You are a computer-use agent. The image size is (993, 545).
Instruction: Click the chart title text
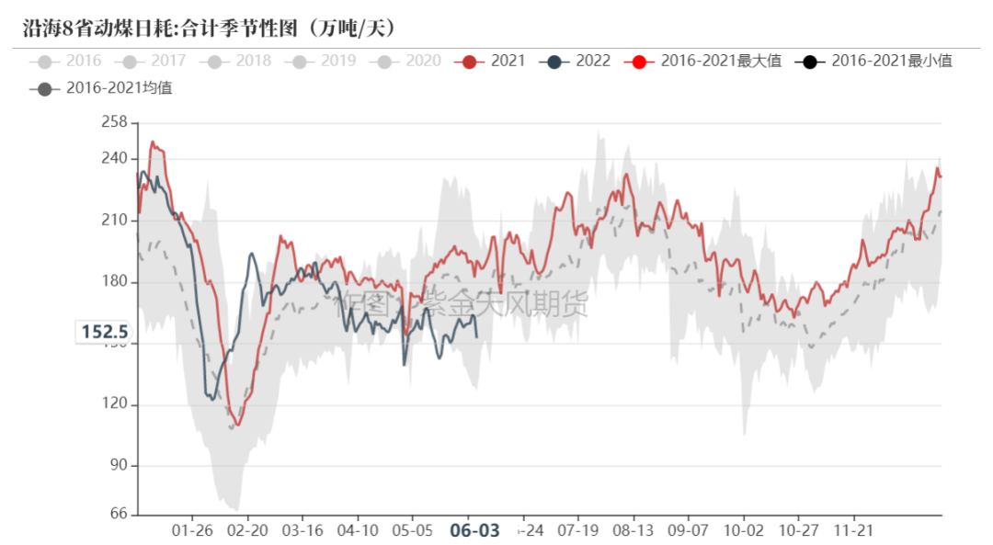tap(210, 28)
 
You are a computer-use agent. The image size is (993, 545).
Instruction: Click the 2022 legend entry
tap(580, 62)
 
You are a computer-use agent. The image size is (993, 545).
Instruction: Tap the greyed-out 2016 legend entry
tap(70, 62)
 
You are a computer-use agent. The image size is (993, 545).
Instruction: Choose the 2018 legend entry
tap(240, 62)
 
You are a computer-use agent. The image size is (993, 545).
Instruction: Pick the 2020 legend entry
tap(410, 62)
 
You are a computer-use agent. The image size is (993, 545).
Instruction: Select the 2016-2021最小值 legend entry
tap(877, 62)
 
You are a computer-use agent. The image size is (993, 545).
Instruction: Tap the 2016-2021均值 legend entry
tap(105, 88)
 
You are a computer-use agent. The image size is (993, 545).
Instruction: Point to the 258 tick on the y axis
tap(114, 122)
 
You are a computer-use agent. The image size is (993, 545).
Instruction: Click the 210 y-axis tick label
tap(114, 221)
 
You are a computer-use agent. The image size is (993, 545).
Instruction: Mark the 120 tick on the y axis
tap(114, 404)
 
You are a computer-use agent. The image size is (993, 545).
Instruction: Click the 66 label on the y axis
tap(118, 514)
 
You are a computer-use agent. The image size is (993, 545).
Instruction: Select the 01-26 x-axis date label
tap(193, 530)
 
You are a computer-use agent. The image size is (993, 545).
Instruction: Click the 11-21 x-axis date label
tap(853, 530)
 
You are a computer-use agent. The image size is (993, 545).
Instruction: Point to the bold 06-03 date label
tap(474, 530)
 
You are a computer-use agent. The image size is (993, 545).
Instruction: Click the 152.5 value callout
tap(104, 332)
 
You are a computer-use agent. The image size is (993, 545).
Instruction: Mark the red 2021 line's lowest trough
tap(238, 425)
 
